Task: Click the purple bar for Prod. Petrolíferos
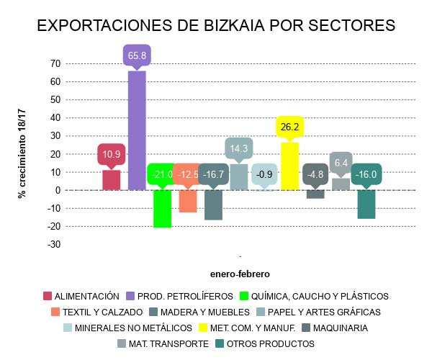[137, 130]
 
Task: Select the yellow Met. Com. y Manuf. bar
[290, 166]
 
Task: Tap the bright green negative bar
[162, 209]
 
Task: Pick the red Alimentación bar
[112, 180]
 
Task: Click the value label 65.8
[137, 55]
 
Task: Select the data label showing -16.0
[366, 174]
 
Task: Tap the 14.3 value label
[239, 148]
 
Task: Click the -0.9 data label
[265, 174]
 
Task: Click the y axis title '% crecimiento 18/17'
[22, 153]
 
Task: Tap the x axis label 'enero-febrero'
[240, 274]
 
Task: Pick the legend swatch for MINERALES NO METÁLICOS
[68, 328]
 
